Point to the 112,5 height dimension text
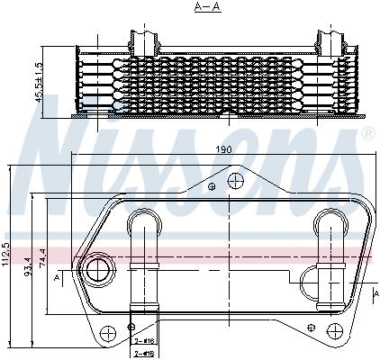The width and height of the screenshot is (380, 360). click(x=7, y=255)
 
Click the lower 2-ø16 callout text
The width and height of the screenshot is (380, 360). click(x=143, y=354)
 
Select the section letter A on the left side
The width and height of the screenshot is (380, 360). click(x=58, y=280)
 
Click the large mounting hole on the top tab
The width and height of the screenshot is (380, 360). click(x=236, y=182)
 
